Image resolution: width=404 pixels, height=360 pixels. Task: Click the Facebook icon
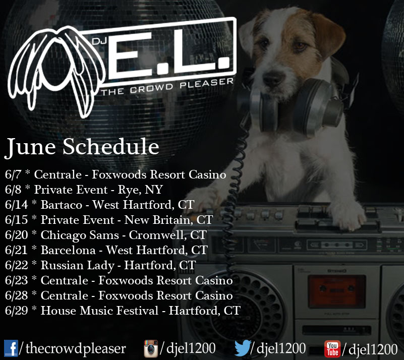(11, 348)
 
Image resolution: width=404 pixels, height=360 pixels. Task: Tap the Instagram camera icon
(151, 349)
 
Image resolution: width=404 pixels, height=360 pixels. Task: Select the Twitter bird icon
(243, 348)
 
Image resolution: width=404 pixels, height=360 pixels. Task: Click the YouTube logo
(332, 349)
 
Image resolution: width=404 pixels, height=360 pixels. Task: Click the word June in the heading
(31, 147)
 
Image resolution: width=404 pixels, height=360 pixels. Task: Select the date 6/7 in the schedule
(13, 174)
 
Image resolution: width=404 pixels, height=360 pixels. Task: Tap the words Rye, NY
(140, 190)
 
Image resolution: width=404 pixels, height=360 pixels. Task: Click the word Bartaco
(62, 205)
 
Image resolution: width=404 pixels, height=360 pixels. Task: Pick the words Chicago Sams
(80, 235)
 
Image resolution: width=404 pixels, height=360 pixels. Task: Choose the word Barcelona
(68, 250)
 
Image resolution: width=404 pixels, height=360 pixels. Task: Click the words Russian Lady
(77, 266)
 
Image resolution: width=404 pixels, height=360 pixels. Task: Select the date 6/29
(16, 311)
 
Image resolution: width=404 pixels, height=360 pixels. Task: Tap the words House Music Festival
(99, 311)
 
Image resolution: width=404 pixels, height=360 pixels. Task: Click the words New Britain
(158, 220)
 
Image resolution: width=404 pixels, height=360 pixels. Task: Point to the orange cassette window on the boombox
(337, 291)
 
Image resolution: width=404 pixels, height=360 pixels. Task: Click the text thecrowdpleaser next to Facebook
(76, 349)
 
